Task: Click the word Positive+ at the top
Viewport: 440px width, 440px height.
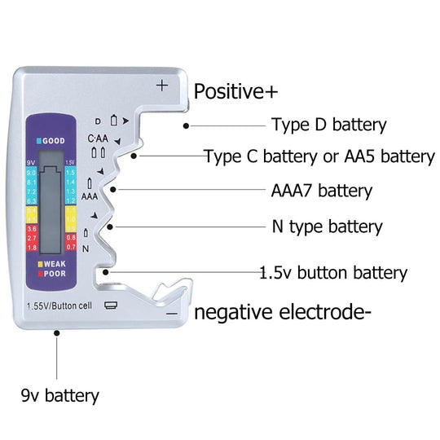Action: point(235,91)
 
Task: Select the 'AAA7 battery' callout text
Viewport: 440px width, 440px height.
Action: point(321,191)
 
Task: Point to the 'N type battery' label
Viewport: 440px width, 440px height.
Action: point(326,227)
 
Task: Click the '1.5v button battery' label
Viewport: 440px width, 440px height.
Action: point(333,273)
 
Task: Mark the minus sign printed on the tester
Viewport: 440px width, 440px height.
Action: point(171,313)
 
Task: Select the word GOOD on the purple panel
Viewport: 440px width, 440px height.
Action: point(51,139)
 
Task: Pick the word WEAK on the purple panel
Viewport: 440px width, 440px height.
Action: point(54,265)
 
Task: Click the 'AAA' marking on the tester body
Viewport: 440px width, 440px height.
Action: point(90,196)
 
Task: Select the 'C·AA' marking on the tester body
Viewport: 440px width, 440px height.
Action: point(98,138)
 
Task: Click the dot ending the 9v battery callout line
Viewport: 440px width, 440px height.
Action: point(56,332)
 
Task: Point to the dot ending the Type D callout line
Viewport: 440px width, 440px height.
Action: point(187,125)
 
